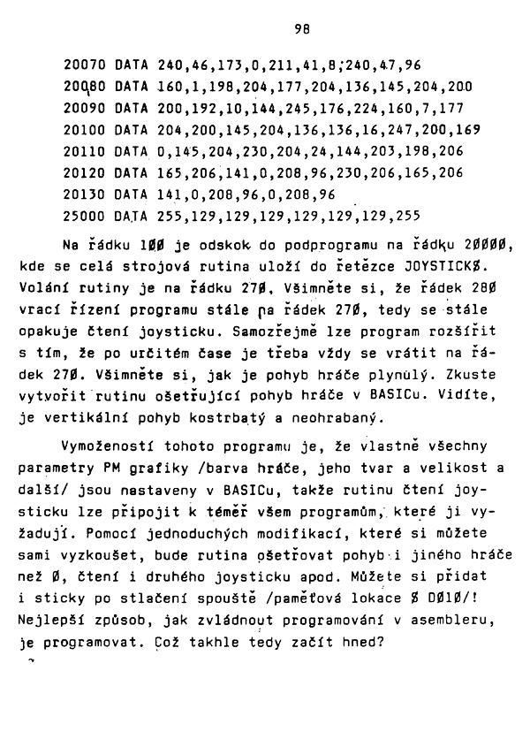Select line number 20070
[87, 65]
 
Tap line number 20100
[87, 129]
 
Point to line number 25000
[87, 216]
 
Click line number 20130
[87, 194]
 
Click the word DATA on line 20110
[132, 151]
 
